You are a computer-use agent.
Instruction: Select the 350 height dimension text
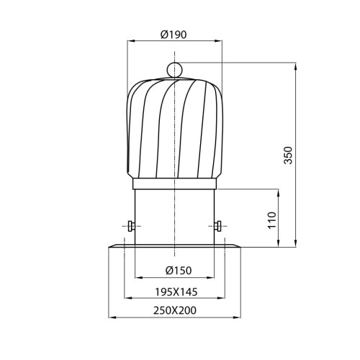[288, 155]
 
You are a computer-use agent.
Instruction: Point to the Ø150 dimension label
[175, 271]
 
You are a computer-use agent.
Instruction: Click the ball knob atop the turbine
[175, 69]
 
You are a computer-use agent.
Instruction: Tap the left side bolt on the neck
[129, 226]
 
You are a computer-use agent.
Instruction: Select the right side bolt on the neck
[220, 226]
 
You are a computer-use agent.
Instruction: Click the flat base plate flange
[175, 247]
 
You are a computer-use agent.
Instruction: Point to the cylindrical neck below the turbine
[175, 212]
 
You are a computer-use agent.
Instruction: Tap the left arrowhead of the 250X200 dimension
[110, 318]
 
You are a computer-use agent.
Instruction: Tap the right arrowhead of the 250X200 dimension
[239, 318]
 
